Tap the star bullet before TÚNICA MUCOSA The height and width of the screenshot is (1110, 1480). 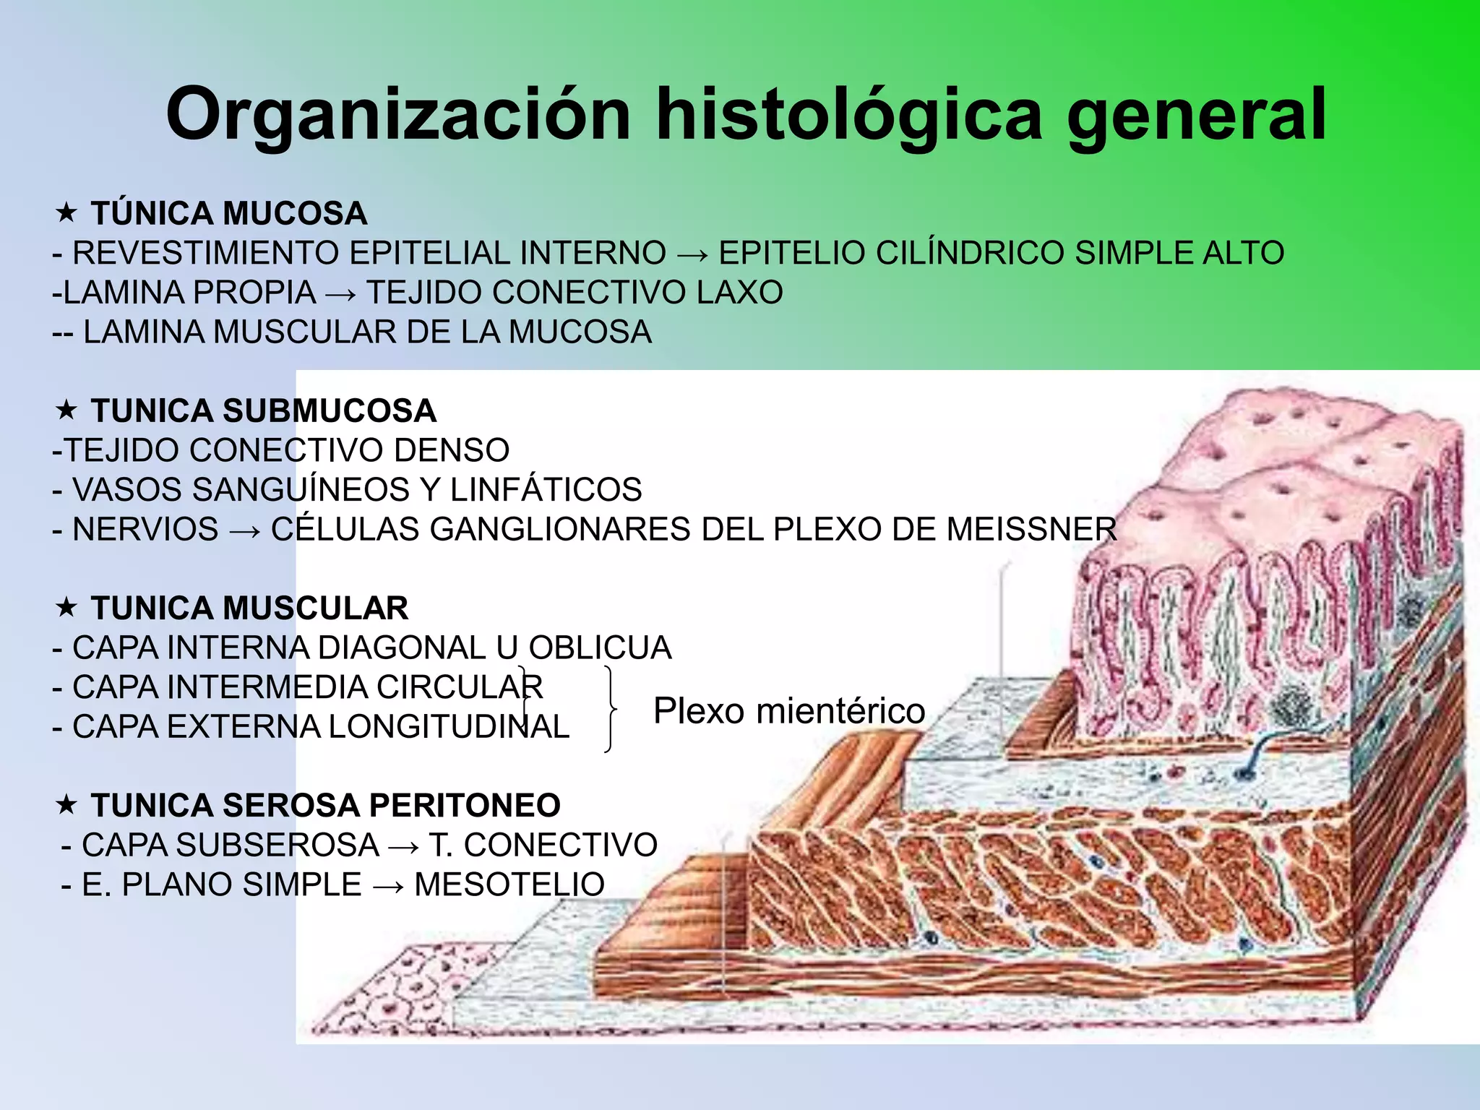[66, 212]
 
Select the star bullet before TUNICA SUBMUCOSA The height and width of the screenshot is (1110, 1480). [66, 410]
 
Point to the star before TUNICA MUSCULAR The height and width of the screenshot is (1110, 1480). [66, 607]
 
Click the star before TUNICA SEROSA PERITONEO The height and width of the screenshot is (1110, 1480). [66, 804]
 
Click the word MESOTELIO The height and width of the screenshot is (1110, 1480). [509, 885]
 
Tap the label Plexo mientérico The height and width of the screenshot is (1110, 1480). [789, 710]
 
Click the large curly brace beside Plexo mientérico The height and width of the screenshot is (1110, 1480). [611, 710]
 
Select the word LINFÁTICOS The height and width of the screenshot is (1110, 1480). [546, 489]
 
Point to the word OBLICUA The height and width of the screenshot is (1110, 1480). [600, 647]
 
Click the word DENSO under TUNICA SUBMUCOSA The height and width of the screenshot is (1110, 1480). [452, 449]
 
